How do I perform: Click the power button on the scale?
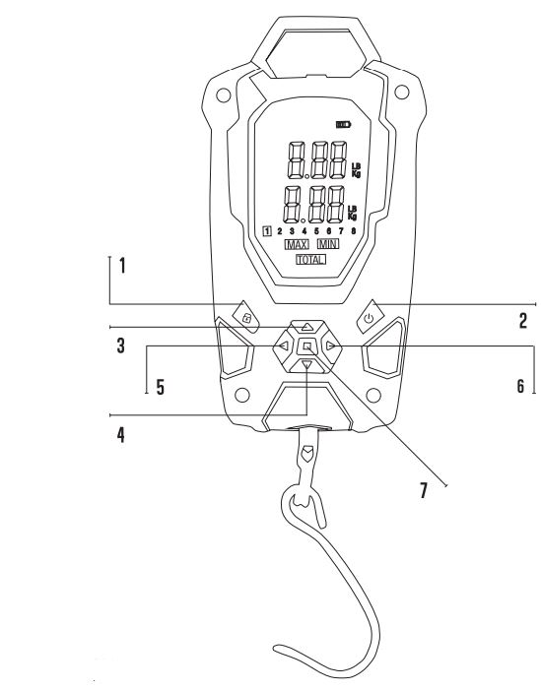tap(369, 317)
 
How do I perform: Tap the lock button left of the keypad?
tap(246, 317)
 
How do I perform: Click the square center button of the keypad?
tap(307, 346)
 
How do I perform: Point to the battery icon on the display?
tap(342, 125)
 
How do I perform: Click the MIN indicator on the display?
tap(327, 243)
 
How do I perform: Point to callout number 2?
tap(523, 320)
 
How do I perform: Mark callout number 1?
tap(122, 266)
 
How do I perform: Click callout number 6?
tap(520, 387)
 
